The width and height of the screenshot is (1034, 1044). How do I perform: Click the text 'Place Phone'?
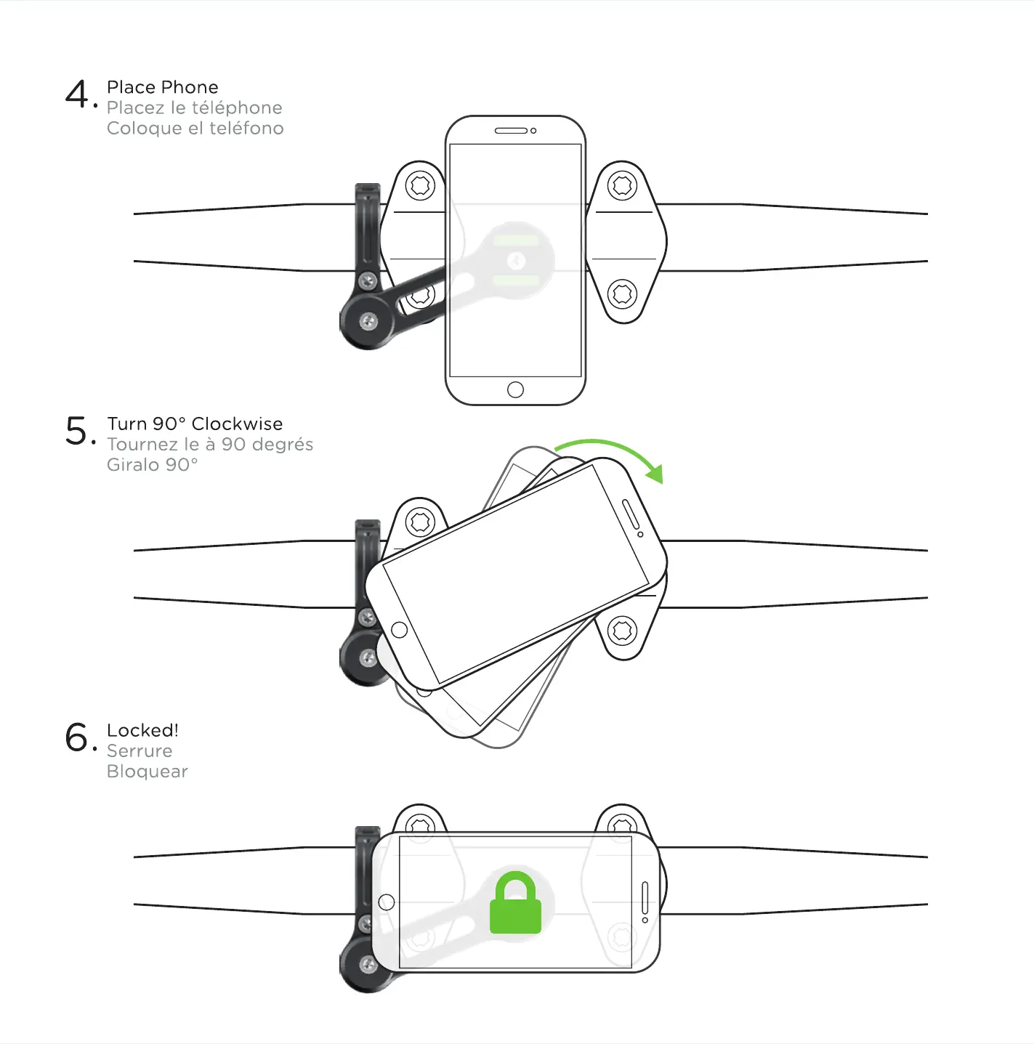(162, 87)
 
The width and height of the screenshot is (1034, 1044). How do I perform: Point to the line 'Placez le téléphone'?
(194, 108)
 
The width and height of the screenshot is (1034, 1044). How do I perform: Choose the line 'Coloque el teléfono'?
(195, 128)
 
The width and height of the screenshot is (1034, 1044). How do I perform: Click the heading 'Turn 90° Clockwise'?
(195, 424)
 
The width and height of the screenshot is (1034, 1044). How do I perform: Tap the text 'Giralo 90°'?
(152, 464)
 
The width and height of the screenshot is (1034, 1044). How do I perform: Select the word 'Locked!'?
(142, 730)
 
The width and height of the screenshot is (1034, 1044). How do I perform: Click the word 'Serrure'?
(140, 750)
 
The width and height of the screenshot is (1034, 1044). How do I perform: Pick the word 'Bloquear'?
(147, 771)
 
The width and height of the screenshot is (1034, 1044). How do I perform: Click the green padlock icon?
(515, 903)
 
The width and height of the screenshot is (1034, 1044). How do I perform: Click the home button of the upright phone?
(515, 389)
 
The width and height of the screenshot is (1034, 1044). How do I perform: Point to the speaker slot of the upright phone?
(511, 131)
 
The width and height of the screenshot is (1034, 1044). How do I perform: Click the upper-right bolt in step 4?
(622, 185)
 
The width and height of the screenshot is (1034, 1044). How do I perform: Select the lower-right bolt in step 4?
(622, 294)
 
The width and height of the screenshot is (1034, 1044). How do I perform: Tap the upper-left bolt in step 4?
(420, 185)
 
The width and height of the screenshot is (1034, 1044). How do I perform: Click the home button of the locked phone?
(387, 902)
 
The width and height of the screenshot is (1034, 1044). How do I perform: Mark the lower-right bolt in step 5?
(622, 631)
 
